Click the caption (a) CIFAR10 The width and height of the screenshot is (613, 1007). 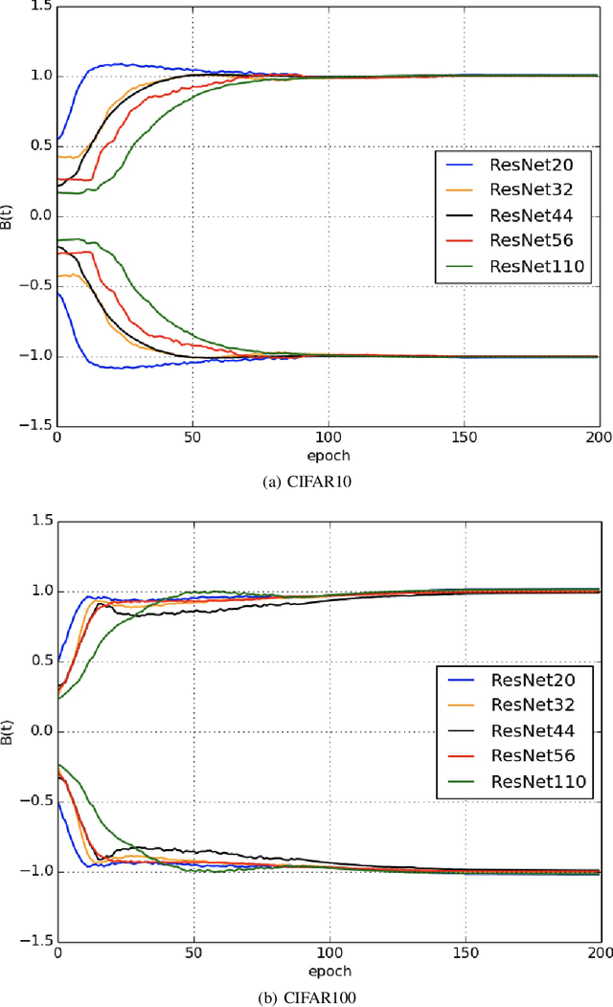tap(306, 481)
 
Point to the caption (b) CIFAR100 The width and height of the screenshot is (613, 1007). tap(306, 996)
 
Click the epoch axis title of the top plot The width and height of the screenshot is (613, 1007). tap(328, 455)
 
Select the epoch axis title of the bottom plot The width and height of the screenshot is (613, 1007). tap(328, 970)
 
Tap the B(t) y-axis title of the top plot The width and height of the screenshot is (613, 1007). tap(10, 216)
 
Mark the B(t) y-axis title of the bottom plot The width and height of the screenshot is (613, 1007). tap(10, 731)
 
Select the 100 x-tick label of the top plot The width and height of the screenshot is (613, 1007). tap(329, 438)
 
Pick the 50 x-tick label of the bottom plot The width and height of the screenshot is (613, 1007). tap(193, 953)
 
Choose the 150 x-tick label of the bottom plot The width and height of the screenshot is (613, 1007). tap(465, 953)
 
